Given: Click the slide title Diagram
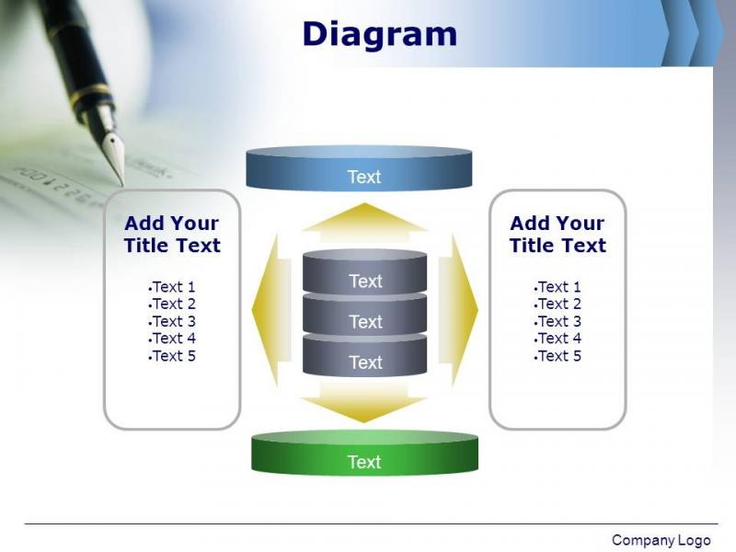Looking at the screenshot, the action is (x=379, y=34).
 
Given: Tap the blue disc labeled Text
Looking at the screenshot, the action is (x=359, y=168).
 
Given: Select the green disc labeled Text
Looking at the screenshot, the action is (x=364, y=454).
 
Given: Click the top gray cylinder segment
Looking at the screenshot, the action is (x=364, y=272).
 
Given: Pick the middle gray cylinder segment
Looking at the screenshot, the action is (x=364, y=315).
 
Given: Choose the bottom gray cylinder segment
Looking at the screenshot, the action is (x=364, y=355).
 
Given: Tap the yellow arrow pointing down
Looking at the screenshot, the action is (x=363, y=402).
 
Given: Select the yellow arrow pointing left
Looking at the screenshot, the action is (x=271, y=310).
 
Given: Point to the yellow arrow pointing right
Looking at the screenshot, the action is (x=458, y=310).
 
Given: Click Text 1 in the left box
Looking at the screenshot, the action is (x=172, y=286).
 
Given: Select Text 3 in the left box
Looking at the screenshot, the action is (x=172, y=321).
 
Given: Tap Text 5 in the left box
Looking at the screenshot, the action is (x=172, y=356).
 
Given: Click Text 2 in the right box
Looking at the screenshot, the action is (x=558, y=304).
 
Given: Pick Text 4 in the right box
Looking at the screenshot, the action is (x=558, y=339).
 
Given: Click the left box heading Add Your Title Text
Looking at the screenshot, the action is (x=172, y=235).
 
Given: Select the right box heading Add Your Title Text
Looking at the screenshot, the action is (x=558, y=235).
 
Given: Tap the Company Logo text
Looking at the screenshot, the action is (x=661, y=540).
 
